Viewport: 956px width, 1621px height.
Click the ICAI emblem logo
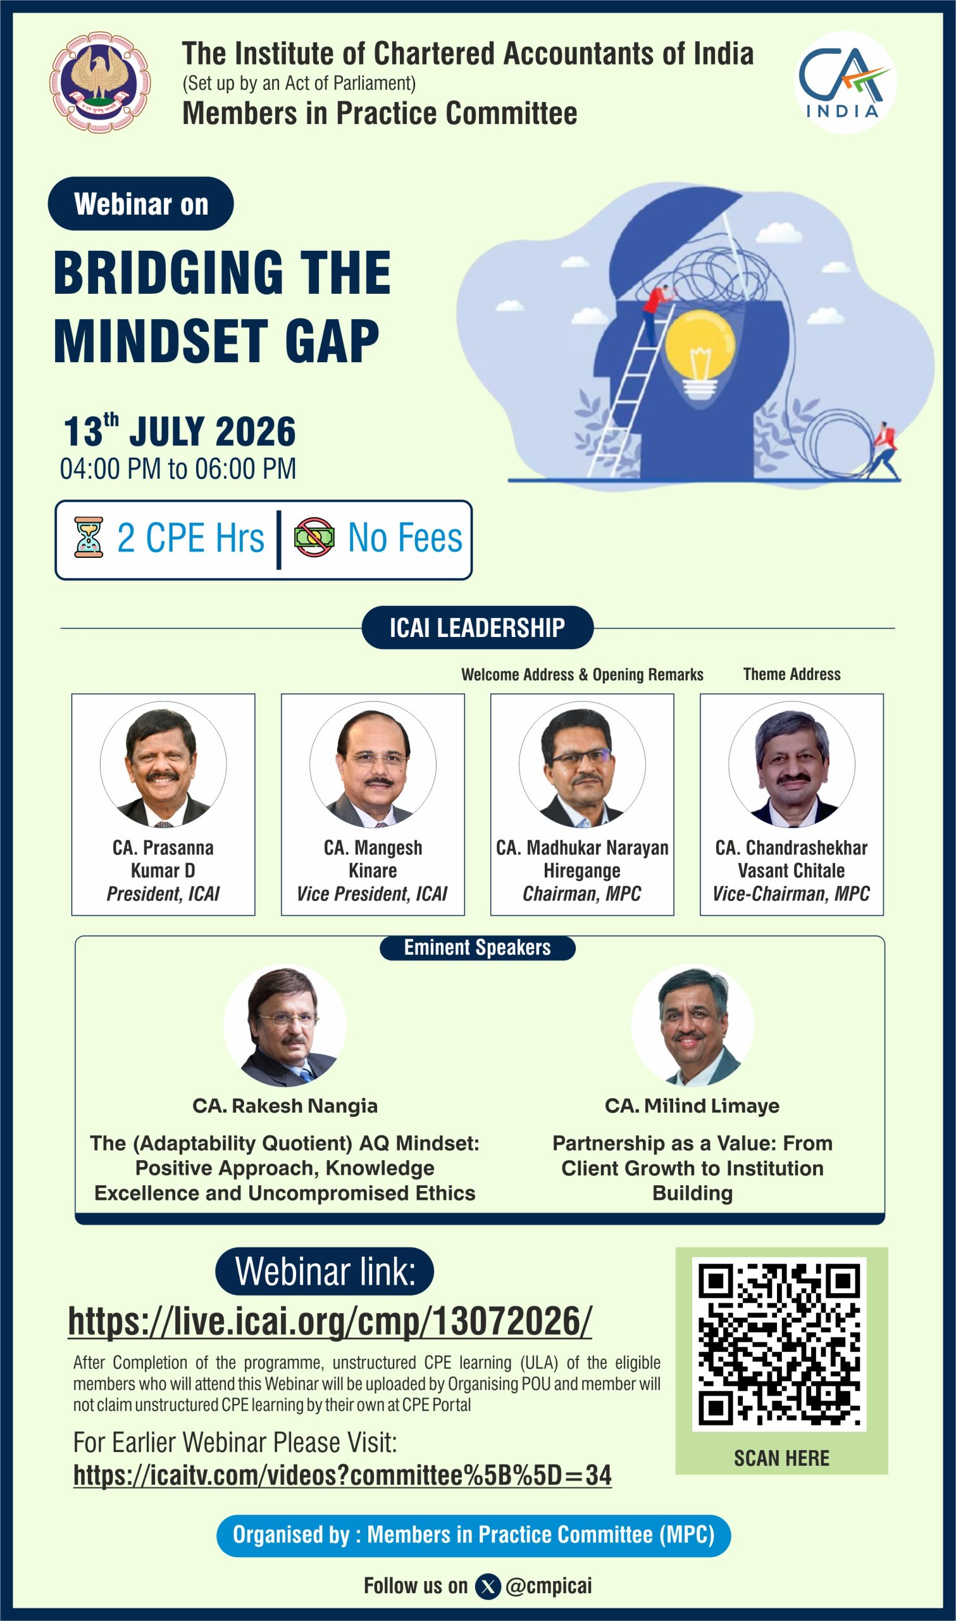pyautogui.click(x=100, y=82)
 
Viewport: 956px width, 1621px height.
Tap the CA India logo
pyautogui.click(x=845, y=82)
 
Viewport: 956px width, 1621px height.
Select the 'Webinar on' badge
pyautogui.click(x=140, y=204)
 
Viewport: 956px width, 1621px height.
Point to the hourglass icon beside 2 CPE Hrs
pyautogui.click(x=89, y=537)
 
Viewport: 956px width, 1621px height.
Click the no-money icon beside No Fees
pyautogui.click(x=314, y=537)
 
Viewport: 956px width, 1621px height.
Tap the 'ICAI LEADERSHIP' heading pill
pyautogui.click(x=477, y=627)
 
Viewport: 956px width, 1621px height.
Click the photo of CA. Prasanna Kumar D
pyautogui.click(x=163, y=764)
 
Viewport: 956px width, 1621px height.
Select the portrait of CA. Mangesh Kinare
pyautogui.click(x=373, y=764)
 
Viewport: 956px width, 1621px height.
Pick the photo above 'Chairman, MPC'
pyautogui.click(x=581, y=764)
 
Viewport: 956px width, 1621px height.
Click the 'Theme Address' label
pyautogui.click(x=791, y=674)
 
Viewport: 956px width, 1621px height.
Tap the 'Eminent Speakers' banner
pyautogui.click(x=477, y=947)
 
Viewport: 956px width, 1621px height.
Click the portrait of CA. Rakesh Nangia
pyautogui.click(x=285, y=1025)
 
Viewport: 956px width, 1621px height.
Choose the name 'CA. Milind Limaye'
pyautogui.click(x=692, y=1106)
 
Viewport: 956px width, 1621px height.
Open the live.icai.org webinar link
pyautogui.click(x=329, y=1321)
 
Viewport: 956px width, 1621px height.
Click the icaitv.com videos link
pyautogui.click(x=342, y=1475)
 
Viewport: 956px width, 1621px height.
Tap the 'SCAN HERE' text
pyautogui.click(x=781, y=1458)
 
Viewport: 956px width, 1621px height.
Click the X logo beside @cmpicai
pyautogui.click(x=488, y=1587)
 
